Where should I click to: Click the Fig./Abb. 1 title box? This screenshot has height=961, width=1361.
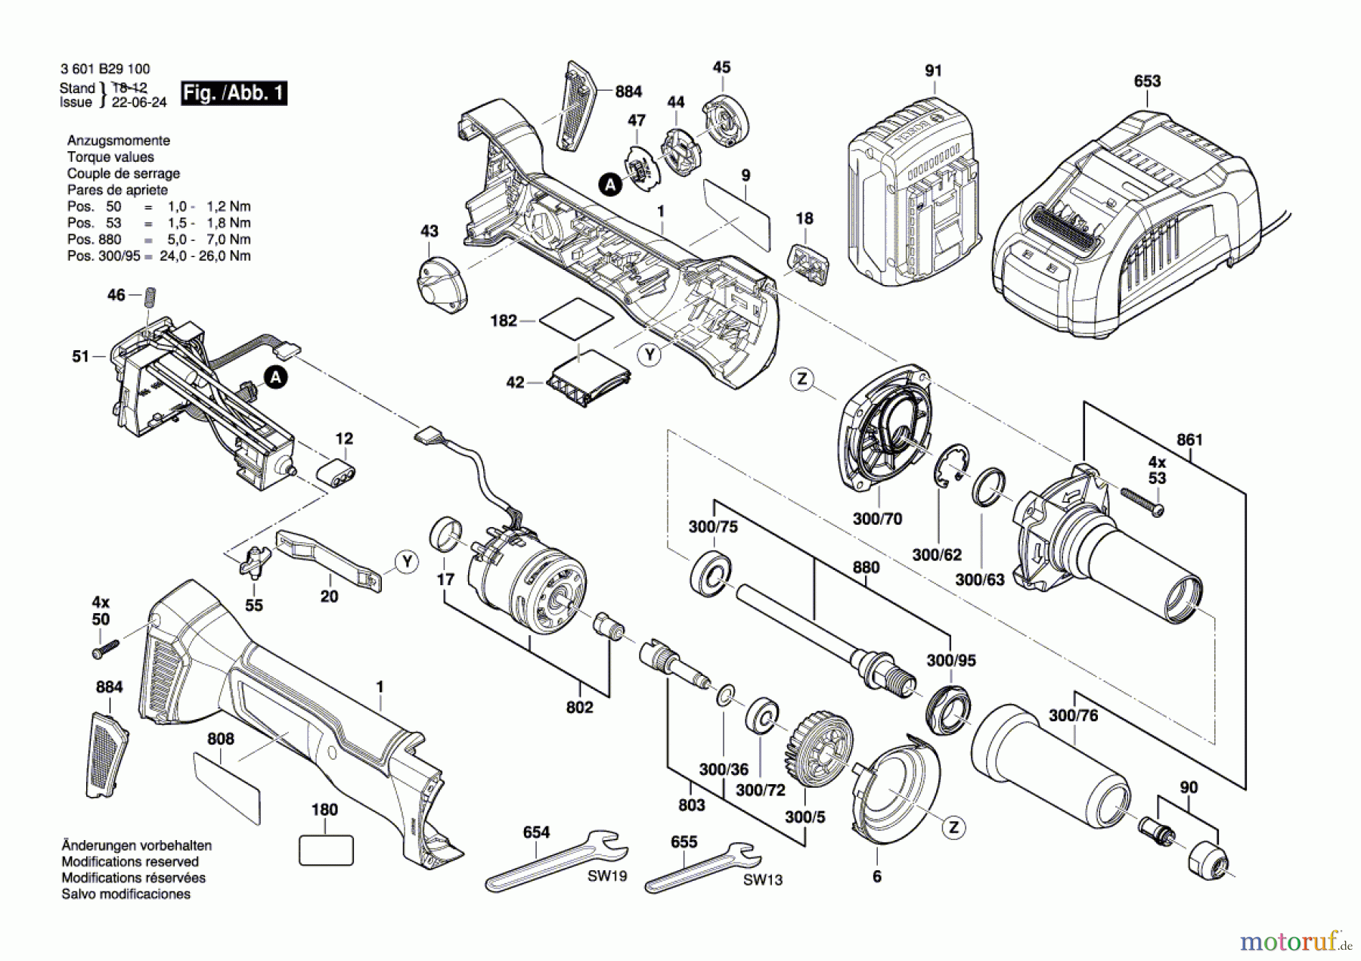point(234,93)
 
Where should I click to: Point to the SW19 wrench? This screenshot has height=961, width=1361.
point(556,862)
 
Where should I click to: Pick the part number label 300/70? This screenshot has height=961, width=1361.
point(877,519)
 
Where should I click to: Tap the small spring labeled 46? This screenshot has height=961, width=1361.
point(149,296)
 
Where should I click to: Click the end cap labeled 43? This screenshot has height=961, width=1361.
point(442,280)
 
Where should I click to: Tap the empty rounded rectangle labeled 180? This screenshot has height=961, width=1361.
point(326,850)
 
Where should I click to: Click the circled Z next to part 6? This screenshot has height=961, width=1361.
point(953,827)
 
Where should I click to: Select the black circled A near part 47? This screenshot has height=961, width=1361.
point(609,184)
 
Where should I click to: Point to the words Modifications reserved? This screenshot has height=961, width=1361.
point(130,861)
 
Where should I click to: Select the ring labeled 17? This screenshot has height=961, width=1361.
point(445,535)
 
